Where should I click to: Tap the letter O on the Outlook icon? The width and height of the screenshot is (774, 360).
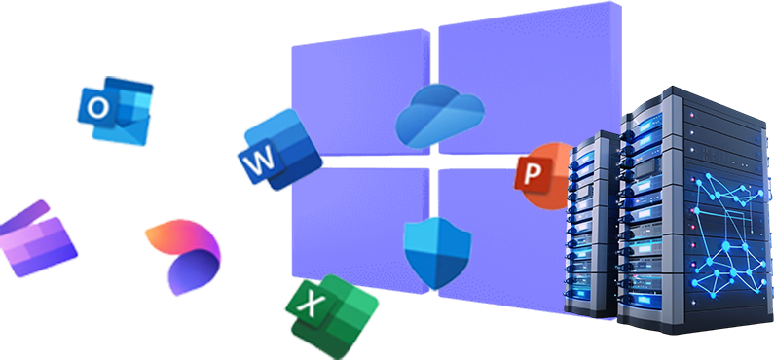[x=98, y=109]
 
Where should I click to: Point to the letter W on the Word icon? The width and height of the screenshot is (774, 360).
[x=260, y=163]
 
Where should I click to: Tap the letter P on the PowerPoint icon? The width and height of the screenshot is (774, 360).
[x=532, y=174]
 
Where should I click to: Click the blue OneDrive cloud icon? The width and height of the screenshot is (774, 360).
[x=439, y=114]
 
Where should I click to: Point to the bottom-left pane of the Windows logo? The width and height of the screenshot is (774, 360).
[x=350, y=229]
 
